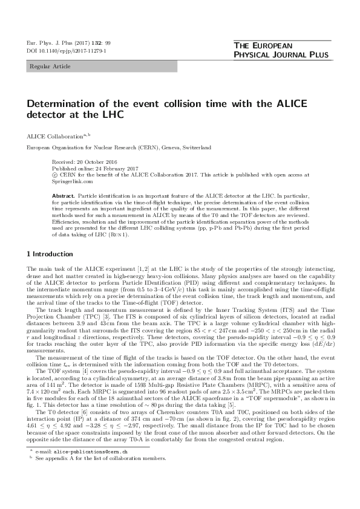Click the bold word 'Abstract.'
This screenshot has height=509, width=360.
[64, 196]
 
